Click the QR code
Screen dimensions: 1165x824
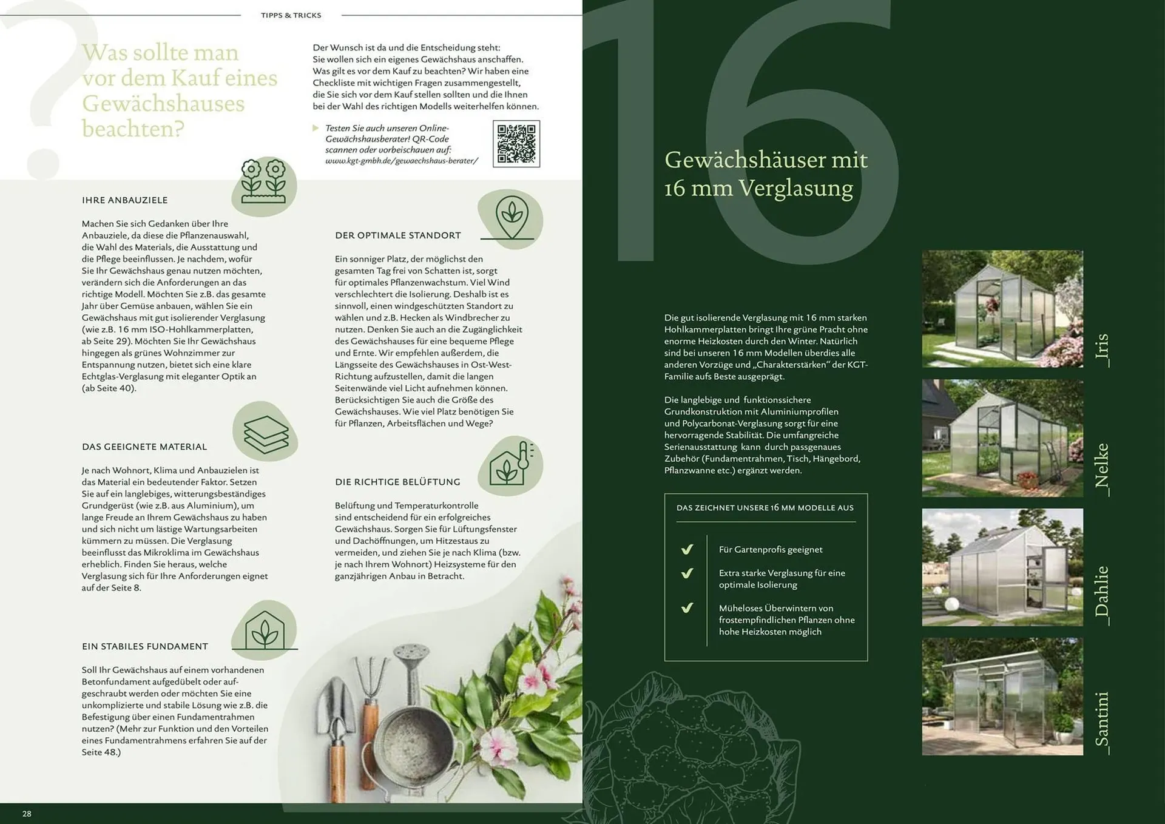(x=516, y=144)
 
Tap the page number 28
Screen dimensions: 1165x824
(x=27, y=814)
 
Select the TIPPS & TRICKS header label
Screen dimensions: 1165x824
(x=291, y=15)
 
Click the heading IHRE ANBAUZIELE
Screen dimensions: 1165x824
(x=125, y=200)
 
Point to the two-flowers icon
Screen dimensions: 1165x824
(x=263, y=181)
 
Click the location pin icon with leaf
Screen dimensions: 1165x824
(x=512, y=217)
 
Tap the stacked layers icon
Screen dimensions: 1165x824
(x=266, y=434)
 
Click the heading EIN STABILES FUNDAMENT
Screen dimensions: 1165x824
(x=145, y=647)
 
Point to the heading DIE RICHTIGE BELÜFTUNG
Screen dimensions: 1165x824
(x=397, y=482)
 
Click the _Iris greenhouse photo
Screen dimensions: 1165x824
(x=1002, y=309)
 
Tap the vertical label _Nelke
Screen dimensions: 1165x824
(x=1101, y=470)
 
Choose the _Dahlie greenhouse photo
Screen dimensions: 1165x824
(x=1002, y=567)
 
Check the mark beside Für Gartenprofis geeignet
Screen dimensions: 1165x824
(x=687, y=550)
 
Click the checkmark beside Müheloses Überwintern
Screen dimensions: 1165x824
(x=687, y=608)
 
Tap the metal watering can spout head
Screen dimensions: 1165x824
(x=411, y=653)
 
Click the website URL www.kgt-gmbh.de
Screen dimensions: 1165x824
(x=402, y=161)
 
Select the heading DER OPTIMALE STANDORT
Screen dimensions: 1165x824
(x=398, y=235)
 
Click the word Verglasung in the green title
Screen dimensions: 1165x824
(x=795, y=188)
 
